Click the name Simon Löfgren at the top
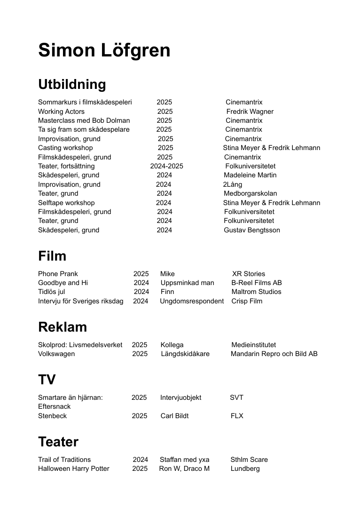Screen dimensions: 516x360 (104, 50)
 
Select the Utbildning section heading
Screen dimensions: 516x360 (72, 84)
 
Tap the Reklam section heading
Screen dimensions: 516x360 (63, 327)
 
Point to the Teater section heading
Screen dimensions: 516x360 (58, 442)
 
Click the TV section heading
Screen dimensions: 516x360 (47, 380)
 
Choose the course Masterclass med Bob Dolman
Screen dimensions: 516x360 (84, 120)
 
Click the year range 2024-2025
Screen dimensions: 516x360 (166, 166)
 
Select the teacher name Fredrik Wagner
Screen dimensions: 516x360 (250, 111)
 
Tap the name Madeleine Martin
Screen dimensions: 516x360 (250, 175)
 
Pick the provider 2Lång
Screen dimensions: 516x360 (233, 184)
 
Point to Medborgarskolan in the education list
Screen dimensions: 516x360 (250, 193)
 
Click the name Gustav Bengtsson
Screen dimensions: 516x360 (252, 230)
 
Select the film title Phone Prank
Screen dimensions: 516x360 (58, 274)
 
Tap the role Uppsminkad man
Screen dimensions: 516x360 (187, 283)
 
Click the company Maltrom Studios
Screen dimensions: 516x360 (256, 292)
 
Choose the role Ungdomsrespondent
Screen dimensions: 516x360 (192, 301)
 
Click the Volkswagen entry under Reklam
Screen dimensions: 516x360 (56, 354)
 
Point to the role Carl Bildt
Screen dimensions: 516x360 (174, 416)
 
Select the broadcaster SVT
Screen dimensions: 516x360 (236, 397)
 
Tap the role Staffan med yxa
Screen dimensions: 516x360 (184, 460)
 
